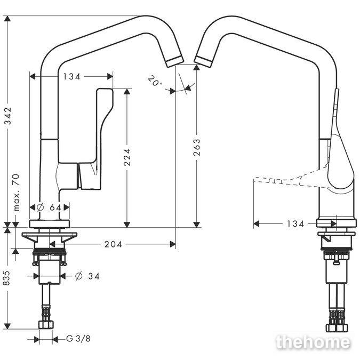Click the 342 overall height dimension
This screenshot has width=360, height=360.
pyautogui.click(x=8, y=116)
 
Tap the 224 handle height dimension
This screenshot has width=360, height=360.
pyautogui.click(x=127, y=157)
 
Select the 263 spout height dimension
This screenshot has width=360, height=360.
pyautogui.click(x=197, y=147)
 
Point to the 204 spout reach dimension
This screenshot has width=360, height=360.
pyautogui.click(x=113, y=244)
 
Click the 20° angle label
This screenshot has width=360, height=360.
pyautogui.click(x=154, y=81)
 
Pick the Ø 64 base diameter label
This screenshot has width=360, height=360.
pyautogui.click(x=49, y=207)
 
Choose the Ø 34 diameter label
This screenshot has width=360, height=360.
pyautogui.click(x=87, y=276)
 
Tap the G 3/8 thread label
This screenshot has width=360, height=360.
pyautogui.click(x=78, y=339)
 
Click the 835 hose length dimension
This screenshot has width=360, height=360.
pyautogui.click(x=7, y=278)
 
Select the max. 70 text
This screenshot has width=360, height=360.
pyautogui.click(x=17, y=193)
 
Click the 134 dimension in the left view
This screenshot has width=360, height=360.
pyautogui.click(x=72, y=76)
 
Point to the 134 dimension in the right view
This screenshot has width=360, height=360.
pyautogui.click(x=295, y=223)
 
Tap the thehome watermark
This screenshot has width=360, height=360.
pyautogui.click(x=313, y=342)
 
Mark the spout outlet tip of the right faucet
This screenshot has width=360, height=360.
pyautogui.click(x=203, y=61)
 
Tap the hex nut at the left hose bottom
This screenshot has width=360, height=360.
pyautogui.click(x=46, y=325)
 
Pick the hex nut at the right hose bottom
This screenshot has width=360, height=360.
pyautogui.click(x=337, y=327)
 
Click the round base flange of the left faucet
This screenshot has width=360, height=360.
pyautogui.click(x=50, y=224)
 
